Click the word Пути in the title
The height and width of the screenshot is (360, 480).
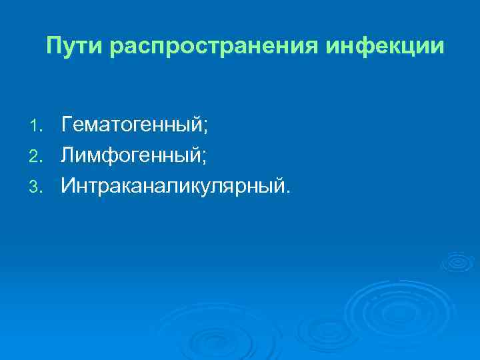coord(74,46)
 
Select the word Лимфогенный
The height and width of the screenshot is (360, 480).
coord(129,155)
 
